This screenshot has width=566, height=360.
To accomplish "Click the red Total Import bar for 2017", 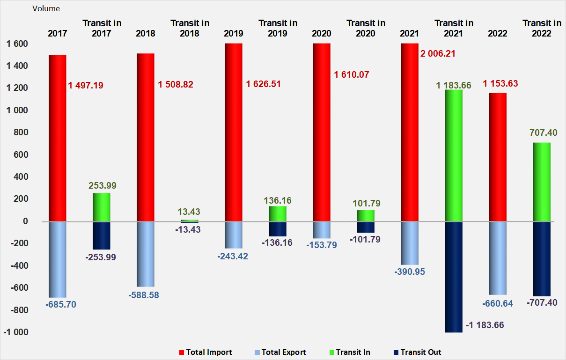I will (x=58, y=138).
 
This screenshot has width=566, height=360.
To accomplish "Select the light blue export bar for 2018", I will (x=146, y=254).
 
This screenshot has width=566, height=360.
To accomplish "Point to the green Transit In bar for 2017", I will (x=102, y=207).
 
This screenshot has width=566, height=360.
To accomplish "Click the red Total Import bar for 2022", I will (x=498, y=157).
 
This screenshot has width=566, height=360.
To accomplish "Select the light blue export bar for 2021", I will (x=410, y=243).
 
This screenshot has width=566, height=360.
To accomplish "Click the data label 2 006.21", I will (x=438, y=54).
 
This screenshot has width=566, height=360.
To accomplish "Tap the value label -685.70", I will (x=61, y=304).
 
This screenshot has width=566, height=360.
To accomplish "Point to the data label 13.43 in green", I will (x=190, y=212).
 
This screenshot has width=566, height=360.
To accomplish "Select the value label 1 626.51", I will (x=264, y=85).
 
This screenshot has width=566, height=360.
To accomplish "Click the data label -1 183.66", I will (x=485, y=325).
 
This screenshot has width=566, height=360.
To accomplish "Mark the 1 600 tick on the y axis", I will (x=17, y=44).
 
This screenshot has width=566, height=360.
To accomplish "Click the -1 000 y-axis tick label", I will (x=16, y=332).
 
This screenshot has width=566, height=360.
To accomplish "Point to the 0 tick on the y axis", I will (x=25, y=221).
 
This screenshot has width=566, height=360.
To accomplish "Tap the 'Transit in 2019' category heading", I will (x=278, y=28).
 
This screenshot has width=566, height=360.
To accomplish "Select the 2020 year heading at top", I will (x=322, y=33).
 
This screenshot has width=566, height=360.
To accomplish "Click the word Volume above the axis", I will (x=46, y=8).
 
